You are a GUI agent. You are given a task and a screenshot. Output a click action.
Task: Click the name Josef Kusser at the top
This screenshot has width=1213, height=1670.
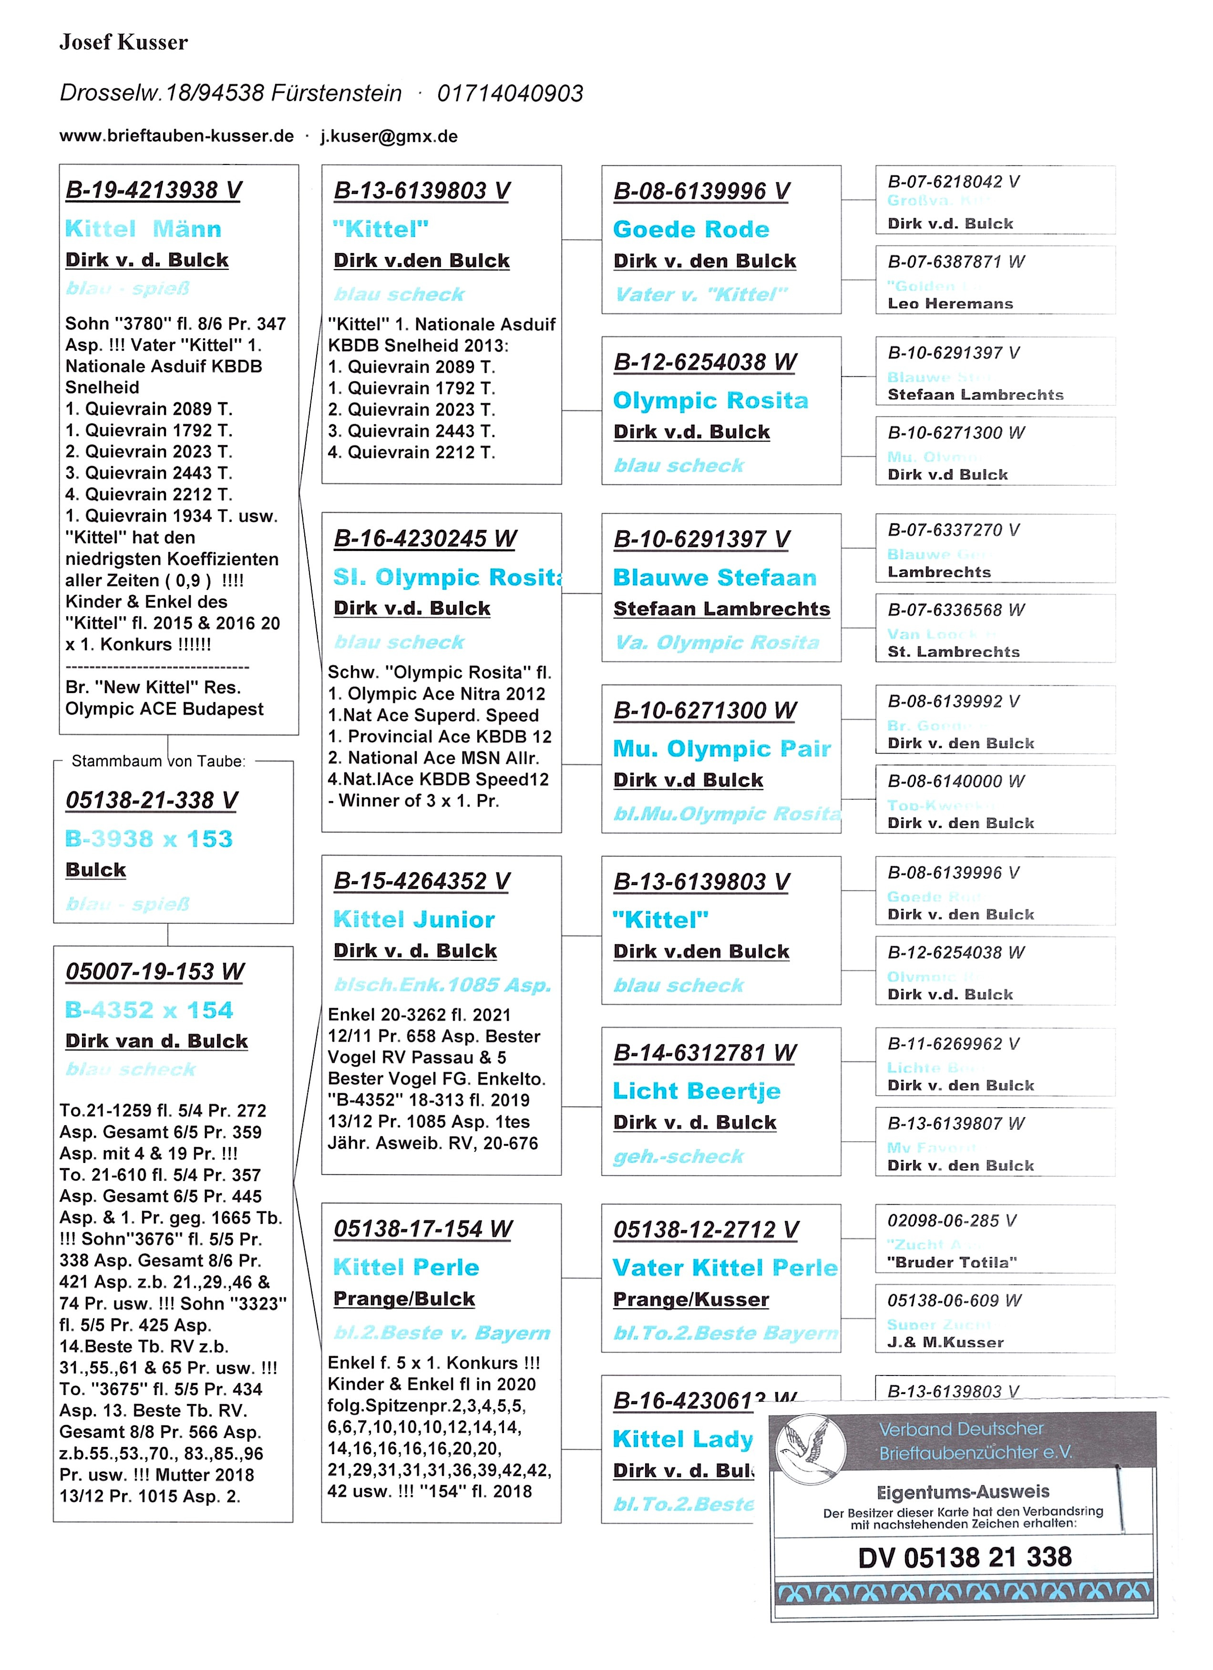pos(123,43)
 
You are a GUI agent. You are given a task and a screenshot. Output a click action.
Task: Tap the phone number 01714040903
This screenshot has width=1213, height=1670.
pos(510,93)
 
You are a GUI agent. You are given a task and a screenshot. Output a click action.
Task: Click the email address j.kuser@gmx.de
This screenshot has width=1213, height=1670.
pos(389,136)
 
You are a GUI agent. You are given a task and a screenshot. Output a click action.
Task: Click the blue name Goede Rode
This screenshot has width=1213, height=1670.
pos(691,230)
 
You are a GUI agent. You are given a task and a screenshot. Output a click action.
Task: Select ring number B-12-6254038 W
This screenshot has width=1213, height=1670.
pos(705,362)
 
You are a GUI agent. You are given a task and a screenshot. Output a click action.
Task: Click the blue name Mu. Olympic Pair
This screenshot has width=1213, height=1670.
pos(722,749)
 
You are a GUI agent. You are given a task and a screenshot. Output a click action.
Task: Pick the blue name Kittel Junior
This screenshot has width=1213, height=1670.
pos(414,920)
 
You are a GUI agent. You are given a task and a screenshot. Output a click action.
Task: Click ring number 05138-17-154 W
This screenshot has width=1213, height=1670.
pos(423,1229)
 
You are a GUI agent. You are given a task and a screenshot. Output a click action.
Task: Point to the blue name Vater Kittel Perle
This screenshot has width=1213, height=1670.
pos(725,1267)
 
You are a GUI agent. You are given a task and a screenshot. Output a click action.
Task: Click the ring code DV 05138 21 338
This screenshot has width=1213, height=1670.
pos(965,1558)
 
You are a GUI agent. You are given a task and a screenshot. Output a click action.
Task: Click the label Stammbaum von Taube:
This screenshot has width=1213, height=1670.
pos(158,762)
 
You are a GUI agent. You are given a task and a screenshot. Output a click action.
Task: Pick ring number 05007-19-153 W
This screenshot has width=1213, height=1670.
pos(154,972)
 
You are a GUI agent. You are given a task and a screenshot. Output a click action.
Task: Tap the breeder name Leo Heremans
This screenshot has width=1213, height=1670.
pos(950,304)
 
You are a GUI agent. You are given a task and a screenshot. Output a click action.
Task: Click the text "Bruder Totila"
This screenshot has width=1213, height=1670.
pos(952,1262)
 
